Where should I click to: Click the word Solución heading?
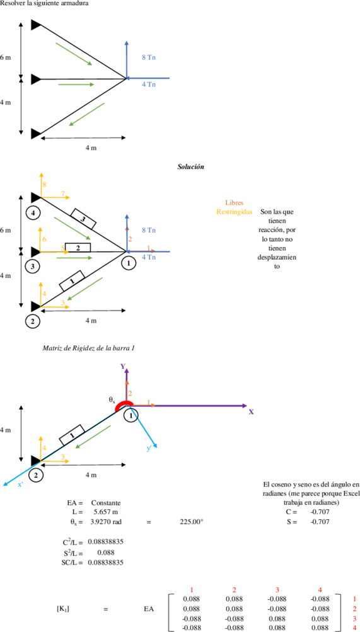(x=190, y=166)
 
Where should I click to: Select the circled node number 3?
(x=32, y=267)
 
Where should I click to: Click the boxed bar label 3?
(x=84, y=218)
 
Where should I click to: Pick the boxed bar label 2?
(x=78, y=248)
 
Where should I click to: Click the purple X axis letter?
(x=251, y=412)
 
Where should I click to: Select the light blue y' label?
(x=149, y=449)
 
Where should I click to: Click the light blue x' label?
(x=21, y=484)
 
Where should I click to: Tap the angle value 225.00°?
(x=191, y=522)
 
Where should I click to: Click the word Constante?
(x=106, y=503)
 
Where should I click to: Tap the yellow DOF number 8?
(x=45, y=184)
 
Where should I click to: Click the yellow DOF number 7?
(x=63, y=194)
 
